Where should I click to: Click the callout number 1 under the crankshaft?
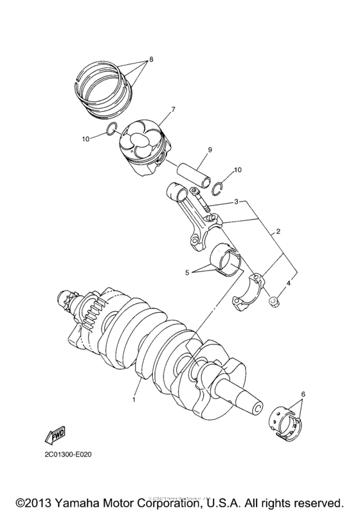(135, 399)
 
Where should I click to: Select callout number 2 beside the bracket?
(278, 230)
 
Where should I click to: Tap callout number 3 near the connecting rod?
(237, 202)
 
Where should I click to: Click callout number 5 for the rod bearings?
(188, 272)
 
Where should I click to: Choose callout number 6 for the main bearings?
(303, 394)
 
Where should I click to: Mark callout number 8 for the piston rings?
(150, 58)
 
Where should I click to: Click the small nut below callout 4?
(273, 299)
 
